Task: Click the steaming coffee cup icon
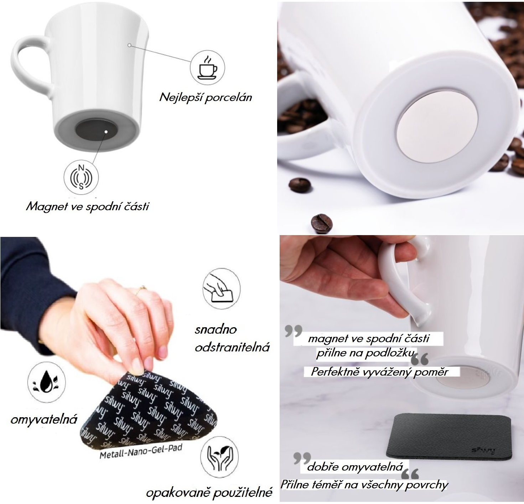point(208,67)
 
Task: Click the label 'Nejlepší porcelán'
point(206,97)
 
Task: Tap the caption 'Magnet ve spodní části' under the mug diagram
point(87,207)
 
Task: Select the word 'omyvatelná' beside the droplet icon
point(44,420)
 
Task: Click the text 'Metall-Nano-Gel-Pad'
point(141,451)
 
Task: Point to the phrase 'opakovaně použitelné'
point(209,493)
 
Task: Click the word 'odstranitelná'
point(232,347)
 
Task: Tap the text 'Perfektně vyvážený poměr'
point(379,372)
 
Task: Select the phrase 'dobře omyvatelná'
point(355,467)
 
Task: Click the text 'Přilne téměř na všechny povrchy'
point(364,484)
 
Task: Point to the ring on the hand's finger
point(142,288)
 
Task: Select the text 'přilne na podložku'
point(365,353)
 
